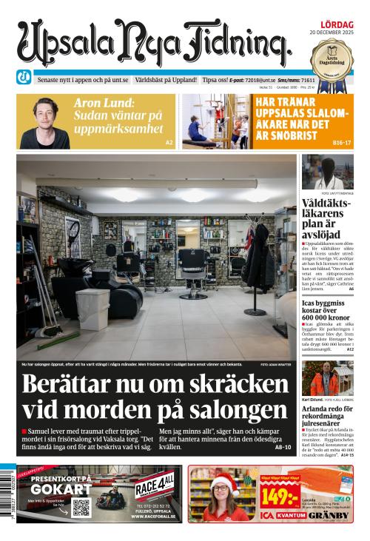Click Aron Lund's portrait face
(45, 116)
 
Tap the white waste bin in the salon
(92, 309)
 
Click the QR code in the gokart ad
(81, 508)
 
